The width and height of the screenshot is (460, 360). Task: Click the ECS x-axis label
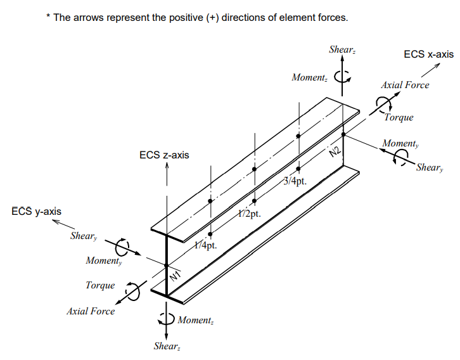[428, 55]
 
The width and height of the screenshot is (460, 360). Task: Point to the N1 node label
[176, 276]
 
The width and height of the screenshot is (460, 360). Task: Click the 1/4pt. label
[205, 245]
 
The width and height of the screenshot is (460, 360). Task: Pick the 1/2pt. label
[250, 214]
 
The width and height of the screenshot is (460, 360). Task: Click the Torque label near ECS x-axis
[399, 117]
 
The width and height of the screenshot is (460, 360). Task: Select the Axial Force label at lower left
[91, 311]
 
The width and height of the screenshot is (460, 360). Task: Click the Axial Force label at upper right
[404, 85]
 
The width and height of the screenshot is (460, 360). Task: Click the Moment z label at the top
[309, 77]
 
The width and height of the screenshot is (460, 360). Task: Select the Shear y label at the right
[429, 168]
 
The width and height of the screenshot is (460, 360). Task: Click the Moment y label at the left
[103, 260]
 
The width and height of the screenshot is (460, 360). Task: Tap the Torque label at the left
[100, 285]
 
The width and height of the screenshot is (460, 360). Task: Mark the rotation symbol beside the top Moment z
[342, 77]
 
